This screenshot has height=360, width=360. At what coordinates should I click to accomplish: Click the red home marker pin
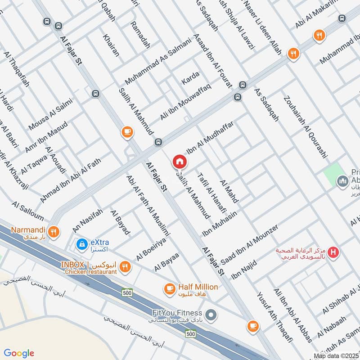click(179, 162)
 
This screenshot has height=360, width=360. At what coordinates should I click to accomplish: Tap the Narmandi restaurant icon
click(54, 231)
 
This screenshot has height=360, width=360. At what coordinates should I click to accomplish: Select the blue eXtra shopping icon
click(81, 244)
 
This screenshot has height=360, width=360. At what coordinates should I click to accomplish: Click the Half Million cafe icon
click(170, 287)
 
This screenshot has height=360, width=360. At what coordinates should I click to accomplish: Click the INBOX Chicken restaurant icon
click(126, 266)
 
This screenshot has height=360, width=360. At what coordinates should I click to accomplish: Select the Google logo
click(19, 353)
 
